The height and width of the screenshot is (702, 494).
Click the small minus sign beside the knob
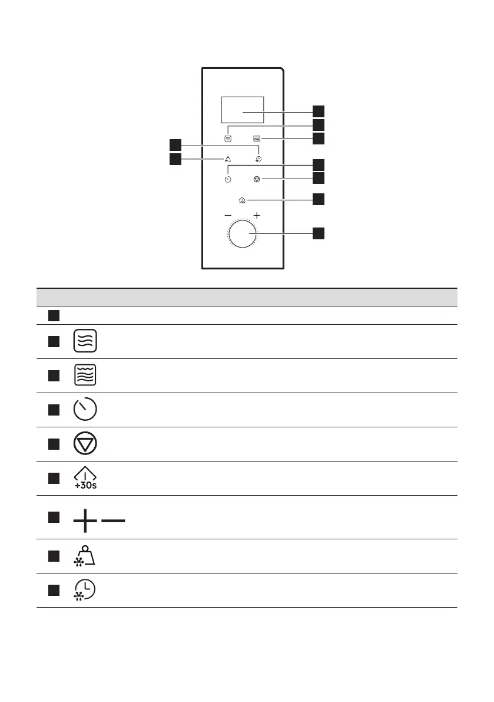coord(228,216)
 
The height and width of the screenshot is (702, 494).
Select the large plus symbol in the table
coord(85,521)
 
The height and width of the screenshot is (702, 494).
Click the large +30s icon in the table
coord(86,478)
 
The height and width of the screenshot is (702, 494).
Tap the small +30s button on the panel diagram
coord(243,200)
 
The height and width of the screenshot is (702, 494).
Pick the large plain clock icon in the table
coord(86,410)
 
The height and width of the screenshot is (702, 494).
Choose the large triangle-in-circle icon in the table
coord(86,444)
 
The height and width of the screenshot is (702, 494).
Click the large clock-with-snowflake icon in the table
coord(86,590)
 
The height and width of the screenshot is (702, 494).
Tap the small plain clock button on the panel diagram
coord(228,179)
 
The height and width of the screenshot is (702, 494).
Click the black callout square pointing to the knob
coord(318,233)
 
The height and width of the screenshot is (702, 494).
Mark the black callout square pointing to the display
coord(318,111)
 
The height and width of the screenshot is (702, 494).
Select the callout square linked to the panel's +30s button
coord(318,199)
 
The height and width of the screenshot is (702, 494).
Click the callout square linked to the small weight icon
coord(175,159)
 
